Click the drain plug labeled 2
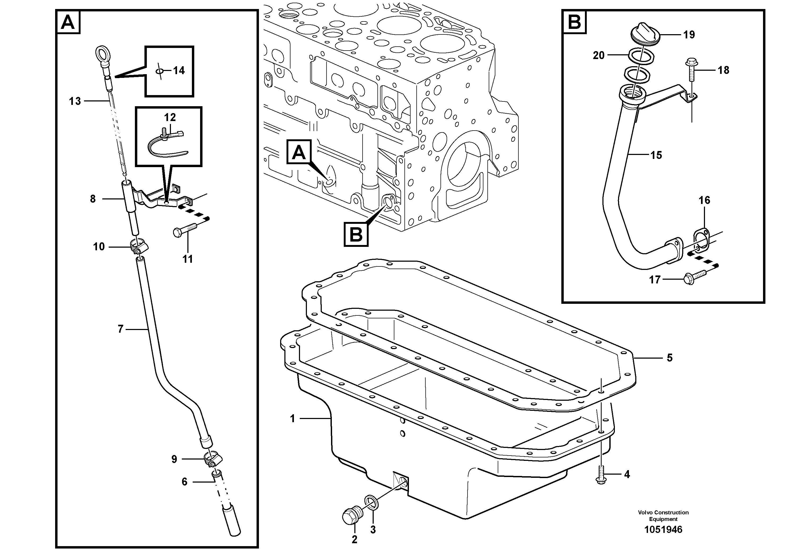click(351, 516)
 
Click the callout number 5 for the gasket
click(669, 358)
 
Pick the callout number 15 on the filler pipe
click(656, 155)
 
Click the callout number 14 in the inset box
click(179, 71)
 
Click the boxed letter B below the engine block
click(356, 235)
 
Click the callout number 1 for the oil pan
click(292, 418)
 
